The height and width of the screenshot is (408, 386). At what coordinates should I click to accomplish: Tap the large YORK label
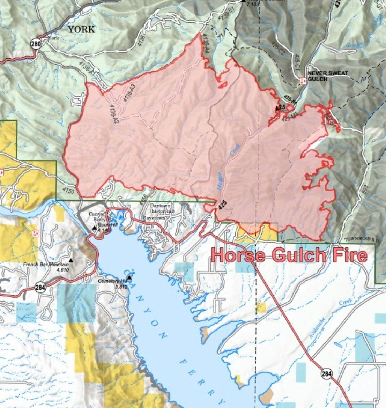pyautogui.click(x=81, y=29)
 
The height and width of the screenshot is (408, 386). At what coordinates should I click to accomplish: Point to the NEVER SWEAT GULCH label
pyautogui.click(x=317, y=76)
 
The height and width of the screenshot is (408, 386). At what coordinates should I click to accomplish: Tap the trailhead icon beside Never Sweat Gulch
pyautogui.click(x=303, y=80)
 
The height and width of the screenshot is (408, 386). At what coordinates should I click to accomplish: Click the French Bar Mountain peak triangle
pyautogui.click(x=71, y=260)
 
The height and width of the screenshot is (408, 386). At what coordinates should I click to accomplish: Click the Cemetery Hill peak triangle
pyautogui.click(x=129, y=278)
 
